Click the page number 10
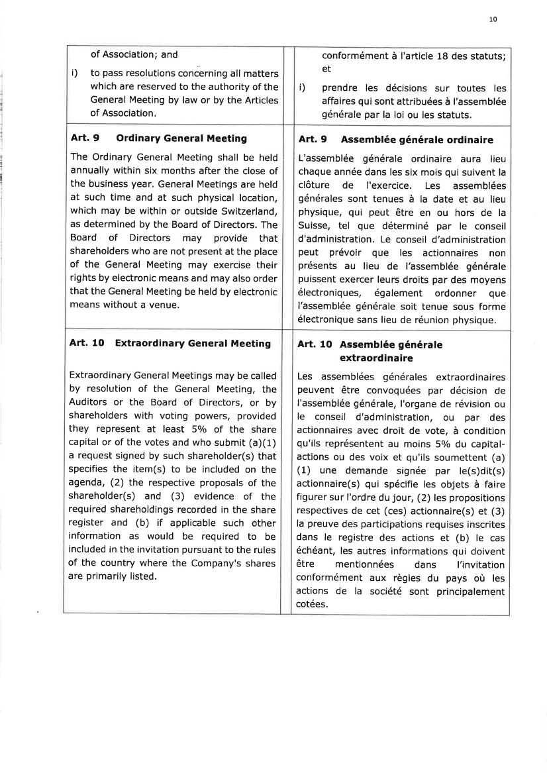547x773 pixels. tap(493, 20)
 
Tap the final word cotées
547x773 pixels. tap(314, 604)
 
